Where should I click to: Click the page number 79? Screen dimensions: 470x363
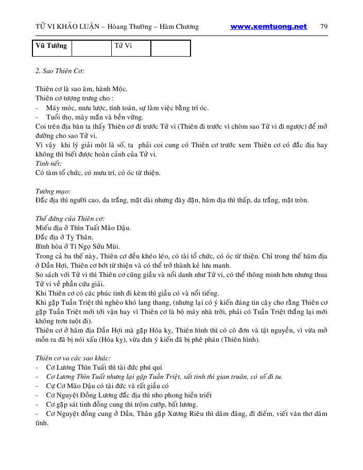tap(324, 27)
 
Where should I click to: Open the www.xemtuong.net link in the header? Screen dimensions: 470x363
tap(268, 27)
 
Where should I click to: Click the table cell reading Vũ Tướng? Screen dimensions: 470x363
tap(51, 46)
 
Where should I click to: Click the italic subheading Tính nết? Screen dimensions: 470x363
tap(48, 164)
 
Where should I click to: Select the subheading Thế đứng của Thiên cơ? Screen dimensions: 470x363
tap(70, 219)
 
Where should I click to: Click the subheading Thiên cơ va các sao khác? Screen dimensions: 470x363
tap(73, 358)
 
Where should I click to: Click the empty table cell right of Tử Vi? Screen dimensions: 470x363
tap(170, 48)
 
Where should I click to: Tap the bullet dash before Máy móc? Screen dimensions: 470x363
tap(37, 108)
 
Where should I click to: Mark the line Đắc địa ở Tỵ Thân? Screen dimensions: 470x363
tap(64, 237)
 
